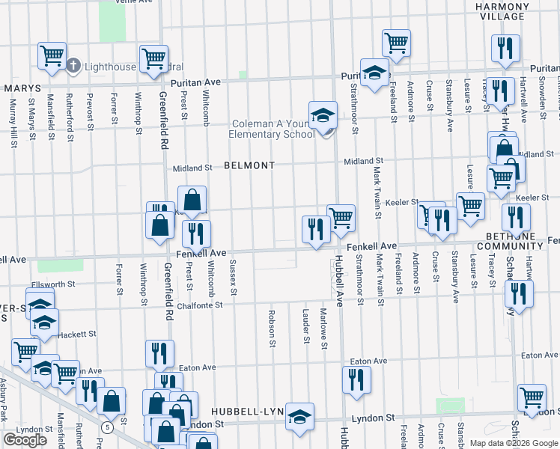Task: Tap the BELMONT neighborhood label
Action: (x=249, y=165)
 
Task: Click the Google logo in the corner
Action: (x=25, y=440)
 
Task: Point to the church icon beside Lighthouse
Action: (x=73, y=66)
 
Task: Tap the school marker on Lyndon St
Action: (x=299, y=418)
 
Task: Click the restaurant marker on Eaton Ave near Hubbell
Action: (x=356, y=379)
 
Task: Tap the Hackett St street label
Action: (x=78, y=335)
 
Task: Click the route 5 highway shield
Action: (x=108, y=427)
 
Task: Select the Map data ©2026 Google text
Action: (x=513, y=443)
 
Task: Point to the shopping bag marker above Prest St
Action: (x=192, y=200)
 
